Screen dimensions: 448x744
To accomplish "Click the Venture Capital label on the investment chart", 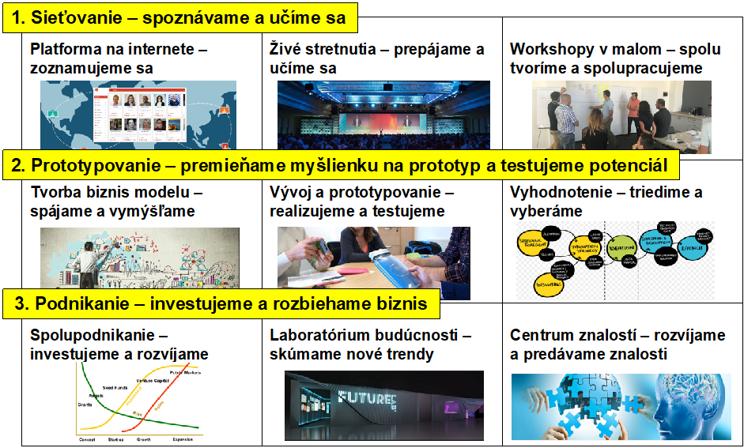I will pyautogui.click(x=155, y=381).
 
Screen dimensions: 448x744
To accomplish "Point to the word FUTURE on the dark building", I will pyautogui.click(x=365, y=397).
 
